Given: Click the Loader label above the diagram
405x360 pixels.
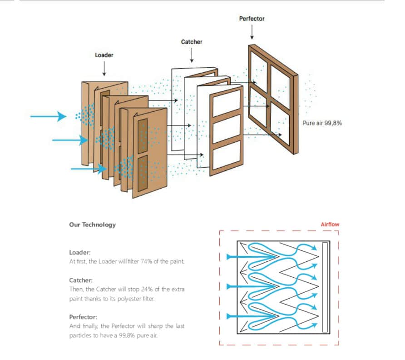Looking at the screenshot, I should [x=104, y=55].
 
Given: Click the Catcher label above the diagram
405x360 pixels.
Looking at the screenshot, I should [x=192, y=42].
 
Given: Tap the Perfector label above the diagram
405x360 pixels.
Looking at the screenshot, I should [x=252, y=19].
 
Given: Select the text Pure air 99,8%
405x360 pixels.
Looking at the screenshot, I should [x=322, y=123].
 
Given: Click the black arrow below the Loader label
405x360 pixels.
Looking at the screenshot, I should [x=104, y=69].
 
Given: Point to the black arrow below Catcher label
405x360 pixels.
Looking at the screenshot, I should [x=192, y=55].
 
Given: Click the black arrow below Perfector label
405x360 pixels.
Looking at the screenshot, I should [x=252, y=32].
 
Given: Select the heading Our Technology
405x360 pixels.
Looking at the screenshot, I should [x=92, y=225].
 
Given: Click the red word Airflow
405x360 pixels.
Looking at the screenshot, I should [x=330, y=225].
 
